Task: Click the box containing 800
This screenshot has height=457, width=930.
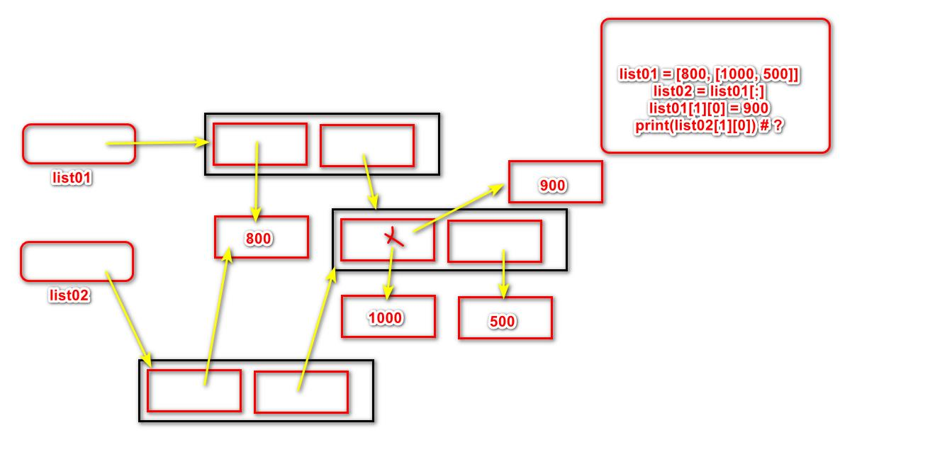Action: (x=262, y=237)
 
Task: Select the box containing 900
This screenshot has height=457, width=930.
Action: (x=555, y=182)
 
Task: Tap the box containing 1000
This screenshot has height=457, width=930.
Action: (x=388, y=317)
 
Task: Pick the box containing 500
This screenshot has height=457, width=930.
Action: (x=505, y=318)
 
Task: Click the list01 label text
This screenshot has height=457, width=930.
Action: (x=72, y=178)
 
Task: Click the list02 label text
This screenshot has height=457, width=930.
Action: (x=69, y=295)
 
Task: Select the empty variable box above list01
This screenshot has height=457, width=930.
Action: (x=79, y=144)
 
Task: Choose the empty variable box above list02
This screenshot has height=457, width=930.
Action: (x=77, y=261)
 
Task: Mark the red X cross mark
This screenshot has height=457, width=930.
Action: (x=394, y=238)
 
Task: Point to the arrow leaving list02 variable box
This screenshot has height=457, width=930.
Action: (x=128, y=319)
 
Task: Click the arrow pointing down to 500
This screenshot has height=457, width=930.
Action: (x=503, y=273)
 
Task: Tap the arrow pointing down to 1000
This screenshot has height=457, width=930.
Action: (x=389, y=273)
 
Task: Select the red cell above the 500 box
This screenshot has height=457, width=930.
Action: (x=495, y=241)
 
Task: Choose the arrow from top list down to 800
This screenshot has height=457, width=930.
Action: (x=256, y=181)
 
